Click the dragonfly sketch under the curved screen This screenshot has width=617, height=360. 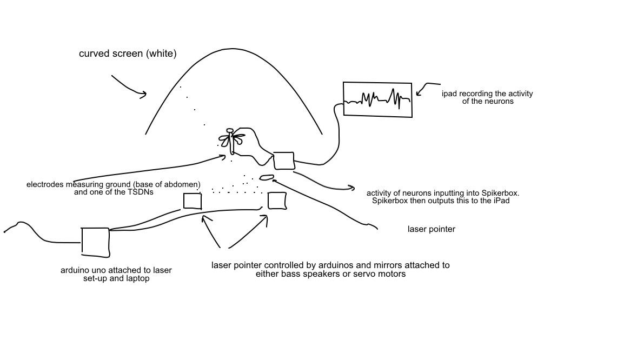(x=232, y=140)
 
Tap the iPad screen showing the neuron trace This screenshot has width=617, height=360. (x=378, y=99)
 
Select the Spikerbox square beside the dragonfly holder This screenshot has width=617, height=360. (x=284, y=161)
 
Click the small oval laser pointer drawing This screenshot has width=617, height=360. (x=267, y=177)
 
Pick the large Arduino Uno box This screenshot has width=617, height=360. (x=95, y=242)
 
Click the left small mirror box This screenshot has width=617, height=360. (x=193, y=201)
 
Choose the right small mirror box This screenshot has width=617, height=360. (x=277, y=201)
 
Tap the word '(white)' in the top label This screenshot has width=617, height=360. (x=161, y=54)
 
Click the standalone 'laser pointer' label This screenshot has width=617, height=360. (x=432, y=229)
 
